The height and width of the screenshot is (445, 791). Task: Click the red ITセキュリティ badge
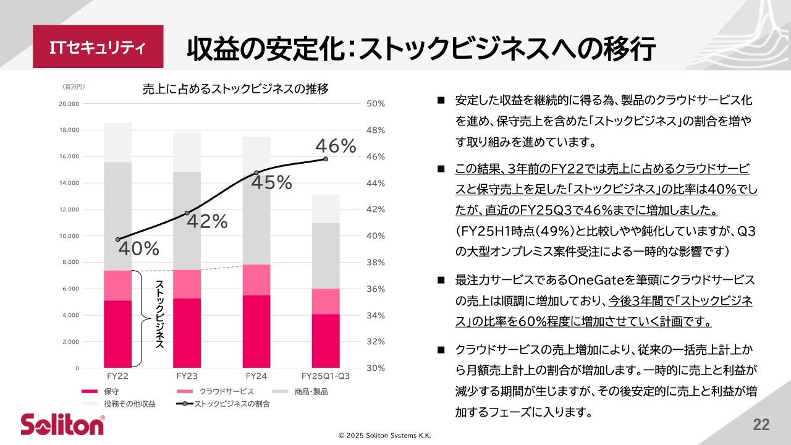tap(98, 47)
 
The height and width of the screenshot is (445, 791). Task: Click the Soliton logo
tap(62, 425)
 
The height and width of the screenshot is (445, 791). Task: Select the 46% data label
tap(336, 146)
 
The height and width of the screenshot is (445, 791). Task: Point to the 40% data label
tap(138, 248)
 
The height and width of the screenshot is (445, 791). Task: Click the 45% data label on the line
tap(271, 182)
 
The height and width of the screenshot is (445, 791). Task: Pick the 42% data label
tap(207, 221)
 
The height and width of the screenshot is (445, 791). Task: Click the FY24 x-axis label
tap(256, 376)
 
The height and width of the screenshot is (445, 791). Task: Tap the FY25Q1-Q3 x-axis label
tap(326, 376)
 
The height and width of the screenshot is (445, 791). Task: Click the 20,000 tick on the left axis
tap(69, 104)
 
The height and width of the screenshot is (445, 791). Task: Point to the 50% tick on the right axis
tap(375, 104)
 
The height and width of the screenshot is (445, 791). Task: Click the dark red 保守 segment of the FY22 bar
tap(117, 334)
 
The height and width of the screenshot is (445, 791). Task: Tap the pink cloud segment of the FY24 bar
tap(256, 280)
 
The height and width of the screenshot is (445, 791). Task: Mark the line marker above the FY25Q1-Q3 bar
tap(326, 159)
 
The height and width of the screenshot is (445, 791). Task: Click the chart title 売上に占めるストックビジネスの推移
tap(235, 89)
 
